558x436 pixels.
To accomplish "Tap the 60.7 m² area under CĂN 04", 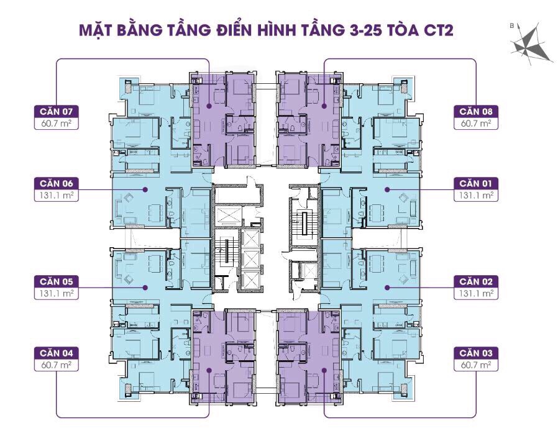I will (x=57, y=365).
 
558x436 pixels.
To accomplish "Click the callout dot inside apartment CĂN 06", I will (x=145, y=189).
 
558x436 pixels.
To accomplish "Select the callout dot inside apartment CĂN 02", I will (x=386, y=287).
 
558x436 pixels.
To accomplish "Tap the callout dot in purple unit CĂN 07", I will (x=209, y=106).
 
